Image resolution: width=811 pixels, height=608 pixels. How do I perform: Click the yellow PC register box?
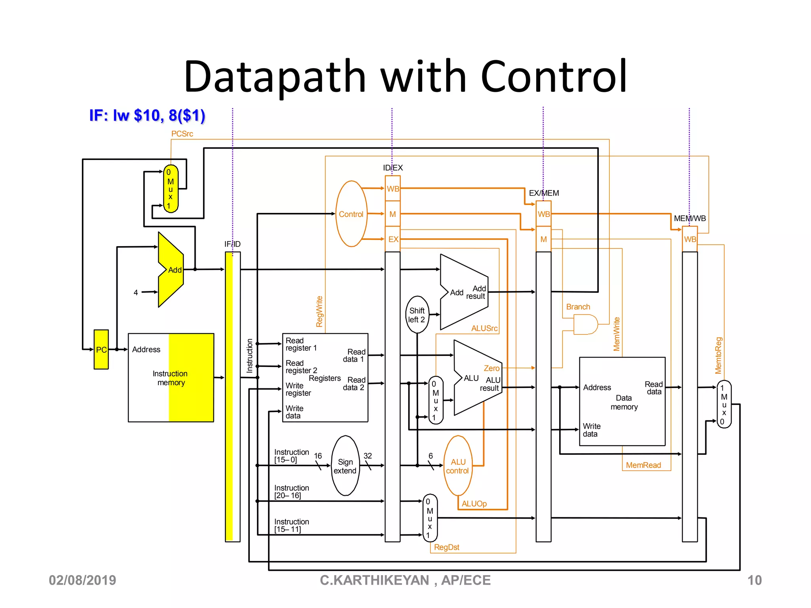[101, 350]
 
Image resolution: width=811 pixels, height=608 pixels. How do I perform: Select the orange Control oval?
[351, 214]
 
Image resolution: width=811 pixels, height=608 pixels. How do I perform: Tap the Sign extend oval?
[345, 466]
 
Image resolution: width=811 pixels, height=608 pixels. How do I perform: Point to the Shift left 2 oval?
[417, 315]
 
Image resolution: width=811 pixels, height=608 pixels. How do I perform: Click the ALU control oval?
[458, 466]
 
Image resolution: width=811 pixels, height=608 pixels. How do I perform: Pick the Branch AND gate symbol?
[585, 325]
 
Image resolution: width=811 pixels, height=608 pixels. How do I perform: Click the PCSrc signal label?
[182, 134]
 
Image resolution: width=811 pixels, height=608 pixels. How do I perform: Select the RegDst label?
[447, 547]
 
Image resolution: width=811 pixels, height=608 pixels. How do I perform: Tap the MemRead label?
[643, 465]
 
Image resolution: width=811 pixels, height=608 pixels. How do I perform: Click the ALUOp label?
[474, 504]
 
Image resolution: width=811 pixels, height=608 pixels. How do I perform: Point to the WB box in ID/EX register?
[393, 189]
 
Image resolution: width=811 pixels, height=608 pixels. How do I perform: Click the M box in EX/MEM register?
[543, 239]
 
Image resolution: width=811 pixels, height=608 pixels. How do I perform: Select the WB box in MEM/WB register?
[689, 239]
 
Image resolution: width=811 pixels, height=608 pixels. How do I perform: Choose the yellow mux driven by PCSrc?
[171, 189]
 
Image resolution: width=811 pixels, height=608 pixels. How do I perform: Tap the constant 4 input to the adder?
[136, 293]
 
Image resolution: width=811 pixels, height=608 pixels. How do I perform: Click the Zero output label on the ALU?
[491, 368]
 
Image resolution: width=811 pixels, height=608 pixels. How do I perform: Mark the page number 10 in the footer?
[754, 580]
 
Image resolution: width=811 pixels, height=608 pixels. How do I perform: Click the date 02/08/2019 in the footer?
[82, 580]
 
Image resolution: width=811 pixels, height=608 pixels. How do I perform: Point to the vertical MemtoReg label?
[718, 355]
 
